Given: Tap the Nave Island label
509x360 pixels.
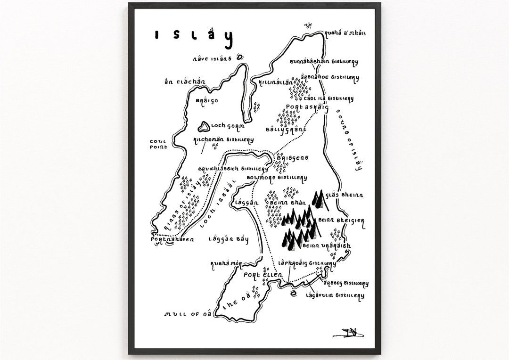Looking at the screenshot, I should pyautogui.click(x=212, y=59).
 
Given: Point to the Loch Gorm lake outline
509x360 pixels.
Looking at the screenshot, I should pyautogui.click(x=204, y=126).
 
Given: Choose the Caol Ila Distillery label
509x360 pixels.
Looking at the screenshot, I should pyautogui.click(x=328, y=98).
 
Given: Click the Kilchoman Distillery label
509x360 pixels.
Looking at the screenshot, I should pyautogui.click(x=223, y=139).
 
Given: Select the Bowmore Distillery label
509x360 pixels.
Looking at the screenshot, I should pyautogui.click(x=278, y=178).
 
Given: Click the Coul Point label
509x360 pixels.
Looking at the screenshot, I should pyautogui.click(x=158, y=144).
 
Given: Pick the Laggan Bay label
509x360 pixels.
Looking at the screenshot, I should pyautogui.click(x=228, y=239).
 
